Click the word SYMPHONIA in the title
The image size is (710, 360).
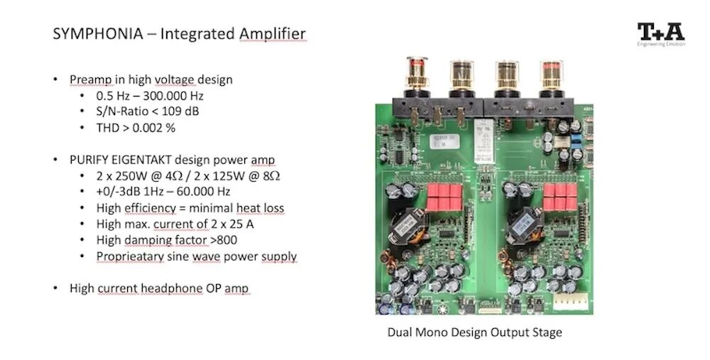89,33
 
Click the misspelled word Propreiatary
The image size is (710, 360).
126,256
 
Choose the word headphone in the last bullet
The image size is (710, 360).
184,288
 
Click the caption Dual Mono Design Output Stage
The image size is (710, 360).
474,332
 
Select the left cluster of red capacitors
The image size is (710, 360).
444,197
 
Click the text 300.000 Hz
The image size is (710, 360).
175,95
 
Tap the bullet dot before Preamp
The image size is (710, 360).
56,80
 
